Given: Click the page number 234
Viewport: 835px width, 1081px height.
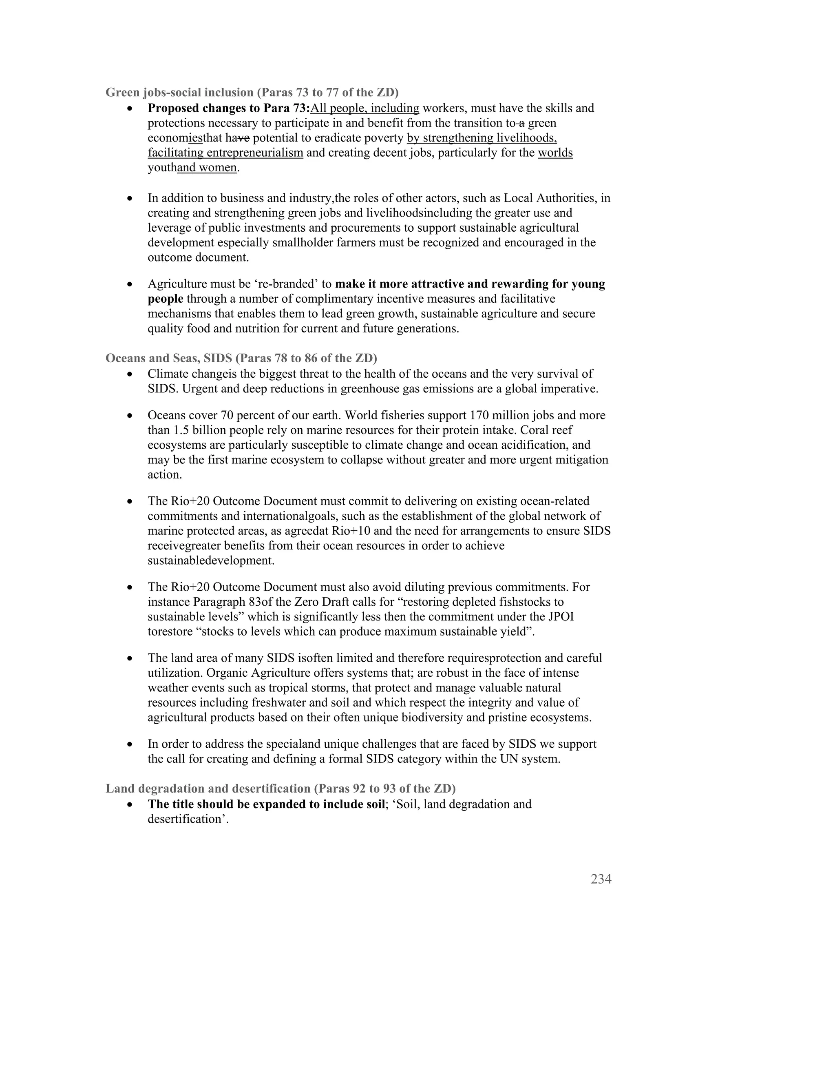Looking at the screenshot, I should tap(601, 879).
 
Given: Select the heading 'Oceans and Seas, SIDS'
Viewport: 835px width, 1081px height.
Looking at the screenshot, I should tap(168, 358).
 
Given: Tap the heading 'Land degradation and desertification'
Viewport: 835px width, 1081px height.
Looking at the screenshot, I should tap(208, 789).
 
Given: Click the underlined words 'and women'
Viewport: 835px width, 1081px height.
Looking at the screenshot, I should tap(207, 168).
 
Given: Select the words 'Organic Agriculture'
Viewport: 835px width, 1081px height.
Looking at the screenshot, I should tap(257, 673).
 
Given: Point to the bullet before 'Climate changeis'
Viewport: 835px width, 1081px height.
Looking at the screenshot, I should tap(130, 375).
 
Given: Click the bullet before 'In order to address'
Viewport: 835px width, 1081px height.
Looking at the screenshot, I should tap(130, 744).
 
